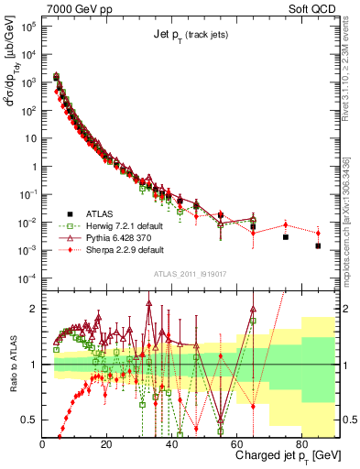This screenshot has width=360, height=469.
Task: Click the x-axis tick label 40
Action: click(172, 444)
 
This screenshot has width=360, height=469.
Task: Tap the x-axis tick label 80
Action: click(301, 444)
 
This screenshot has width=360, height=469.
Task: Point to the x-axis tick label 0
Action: click(43, 444)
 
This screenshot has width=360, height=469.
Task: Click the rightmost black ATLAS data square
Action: click(318, 245)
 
